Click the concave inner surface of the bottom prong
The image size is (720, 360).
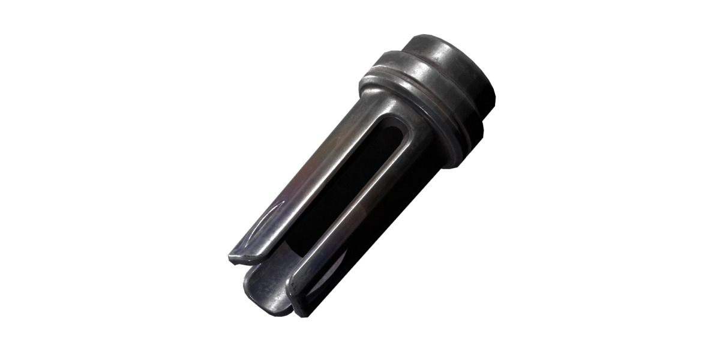(x=270, y=288)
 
